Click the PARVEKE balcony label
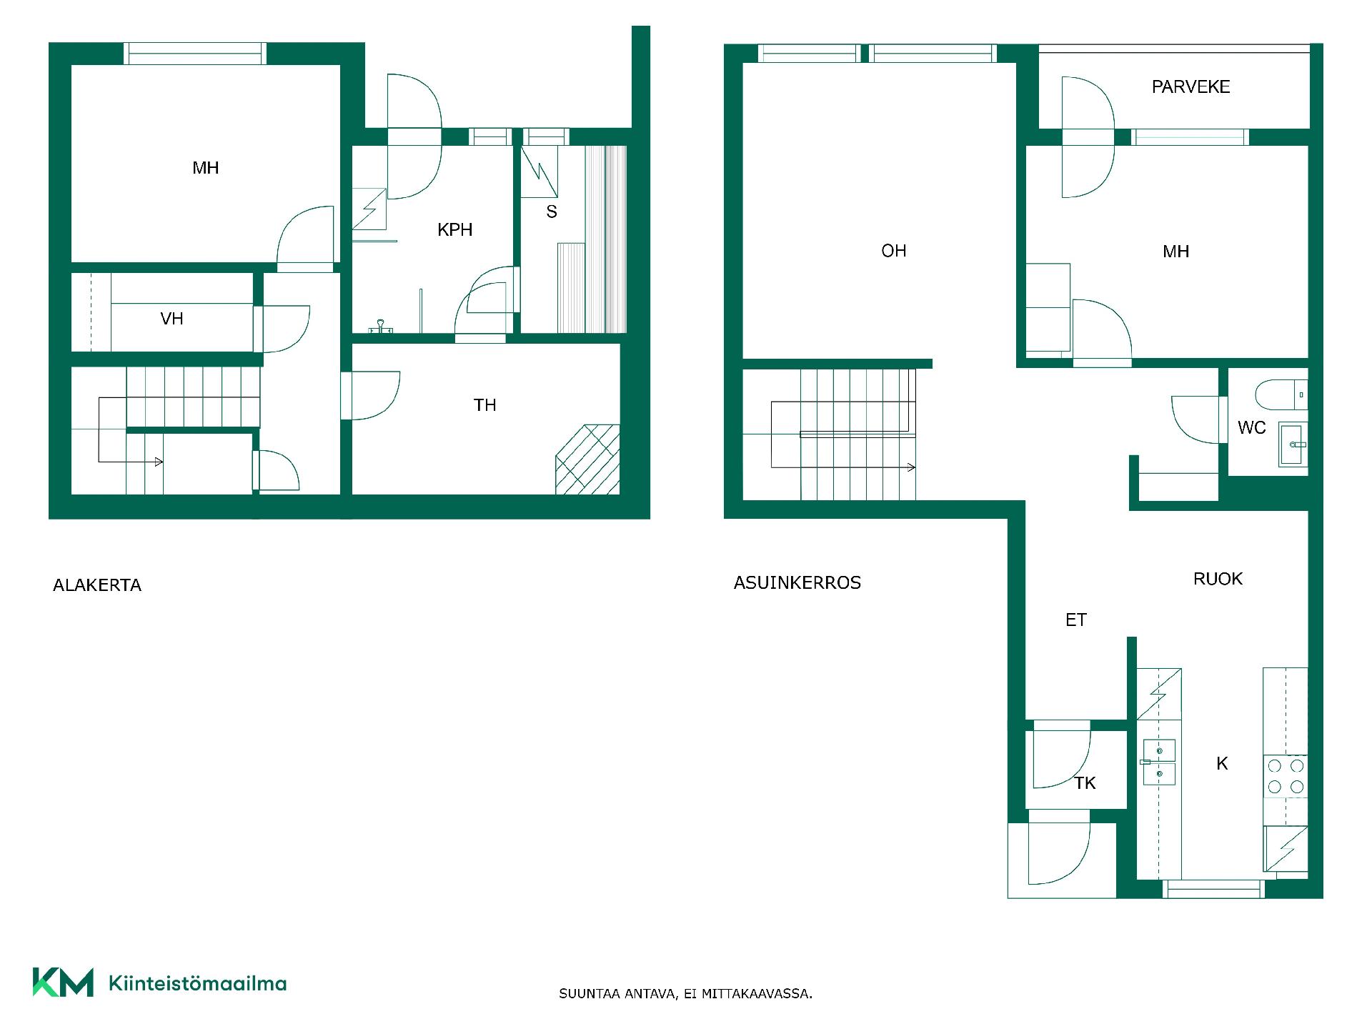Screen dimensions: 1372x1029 [x=1190, y=87]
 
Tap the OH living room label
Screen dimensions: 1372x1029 [x=893, y=251]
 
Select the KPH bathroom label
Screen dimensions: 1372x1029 [x=454, y=230]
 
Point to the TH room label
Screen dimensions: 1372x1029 [x=484, y=405]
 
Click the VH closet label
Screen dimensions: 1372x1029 [x=171, y=319]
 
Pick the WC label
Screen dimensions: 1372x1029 [x=1251, y=428]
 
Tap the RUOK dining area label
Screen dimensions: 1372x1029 [x=1218, y=579]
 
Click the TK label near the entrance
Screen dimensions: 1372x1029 [x=1084, y=783]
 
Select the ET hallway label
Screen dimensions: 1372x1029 [x=1075, y=620]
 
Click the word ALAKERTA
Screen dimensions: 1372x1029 [x=97, y=585]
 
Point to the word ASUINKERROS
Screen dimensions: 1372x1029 [x=797, y=583]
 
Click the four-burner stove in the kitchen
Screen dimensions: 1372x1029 [x=1286, y=777]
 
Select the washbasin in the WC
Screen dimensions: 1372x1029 [x=1293, y=444]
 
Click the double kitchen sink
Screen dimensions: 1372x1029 [x=1158, y=762]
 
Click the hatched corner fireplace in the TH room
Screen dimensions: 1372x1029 [x=587, y=459]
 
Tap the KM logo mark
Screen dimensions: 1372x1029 [x=63, y=983]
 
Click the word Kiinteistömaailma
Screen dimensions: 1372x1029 [x=197, y=984]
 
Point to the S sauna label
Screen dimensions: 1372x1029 [x=551, y=212]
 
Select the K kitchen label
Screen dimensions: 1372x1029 [x=1222, y=764]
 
